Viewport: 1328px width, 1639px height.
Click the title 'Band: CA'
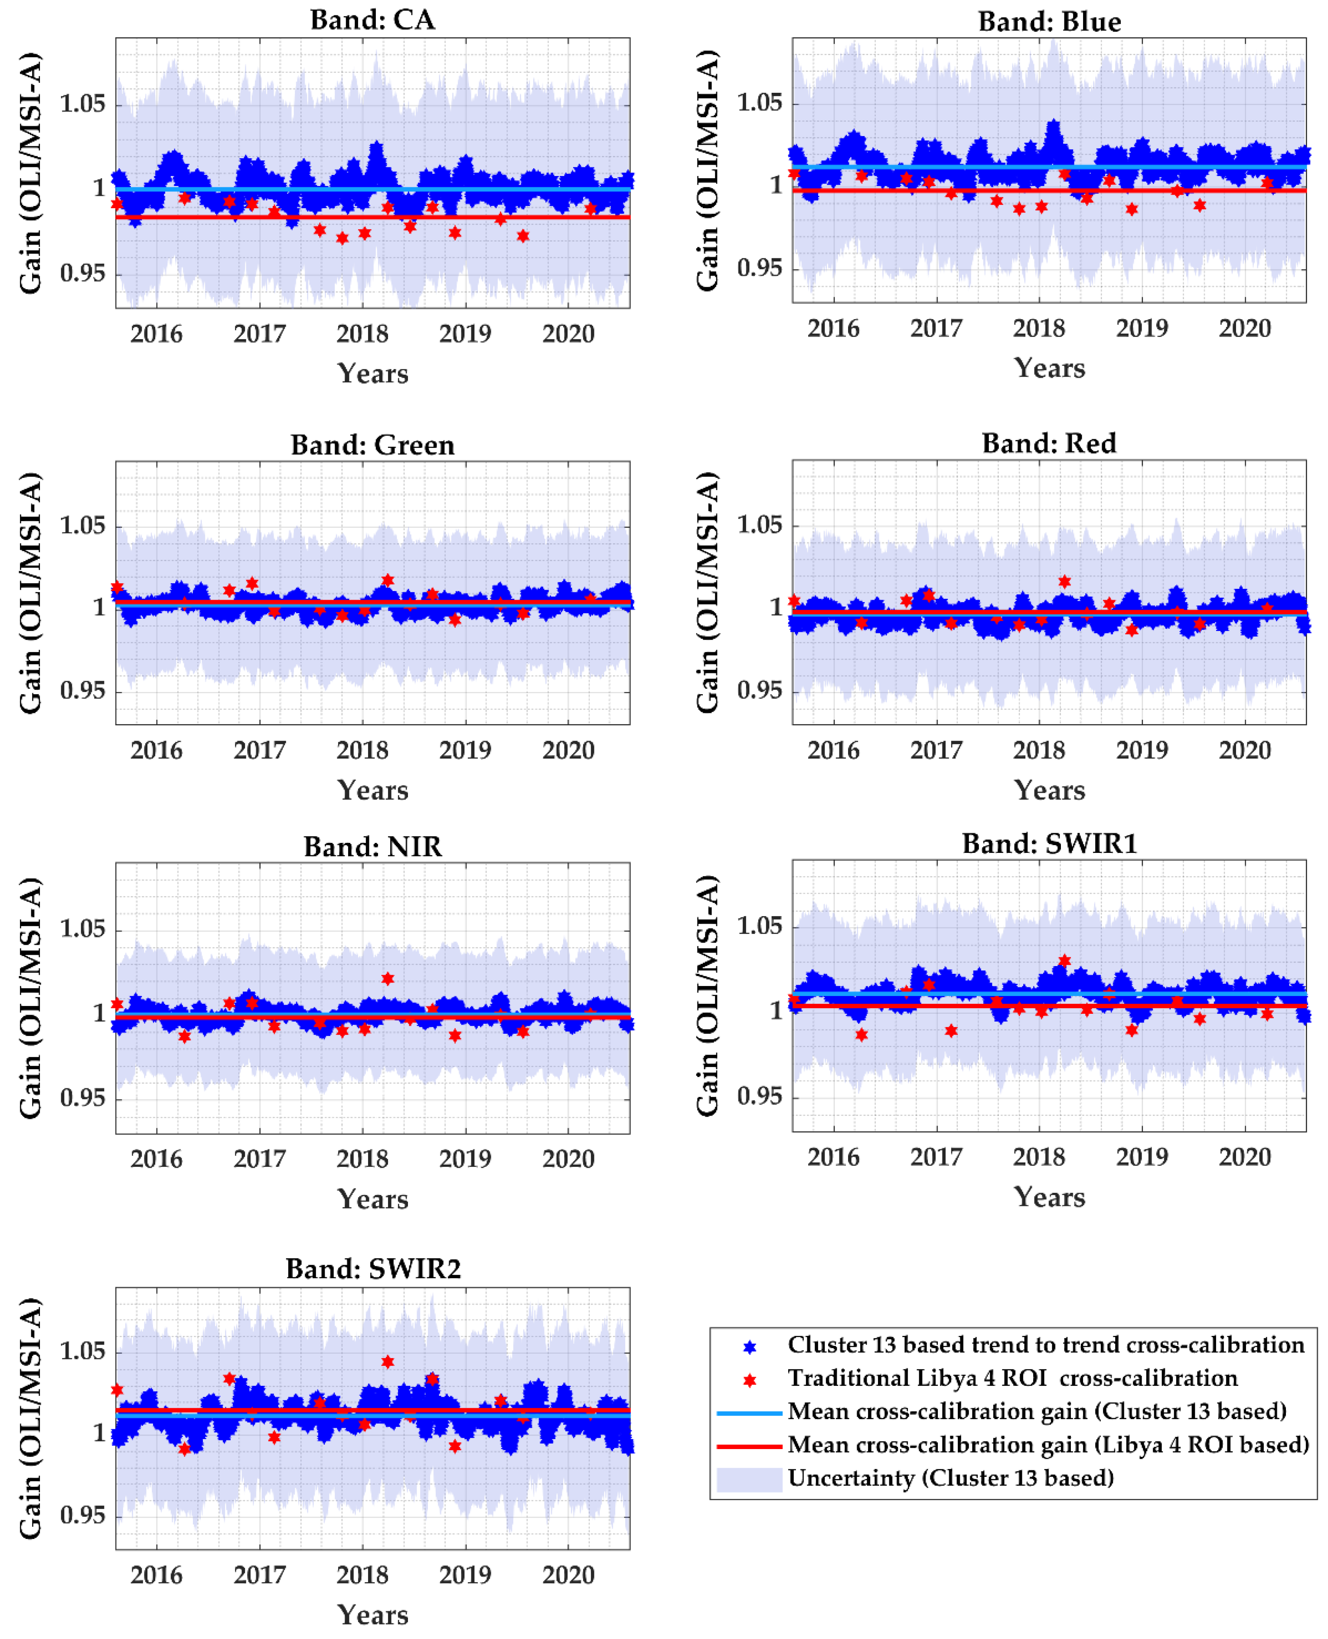point(372,19)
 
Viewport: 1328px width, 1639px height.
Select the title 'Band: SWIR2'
point(372,1269)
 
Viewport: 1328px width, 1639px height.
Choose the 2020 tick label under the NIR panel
point(568,1159)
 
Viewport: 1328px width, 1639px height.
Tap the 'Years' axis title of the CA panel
point(372,373)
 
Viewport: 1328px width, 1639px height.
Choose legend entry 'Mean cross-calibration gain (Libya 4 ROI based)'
point(1048,1445)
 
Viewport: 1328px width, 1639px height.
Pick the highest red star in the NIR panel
point(388,979)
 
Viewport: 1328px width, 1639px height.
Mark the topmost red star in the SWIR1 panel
point(1064,960)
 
